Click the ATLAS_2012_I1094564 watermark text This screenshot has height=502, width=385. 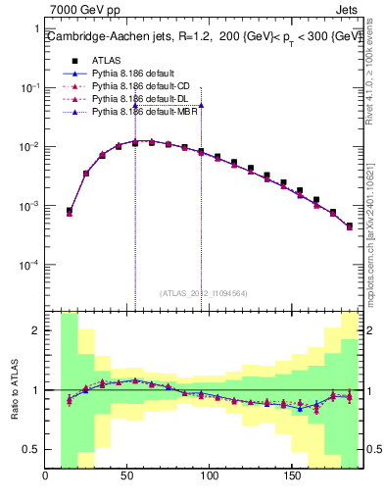pyautogui.click(x=203, y=293)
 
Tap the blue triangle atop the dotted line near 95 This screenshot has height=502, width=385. pyautogui.click(x=201, y=105)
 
